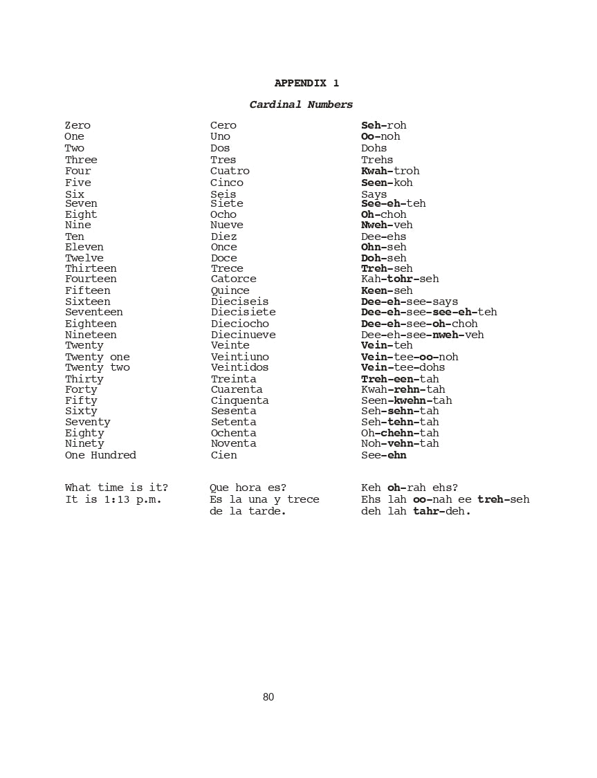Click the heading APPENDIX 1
pyautogui.click(x=306, y=83)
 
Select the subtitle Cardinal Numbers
pyautogui.click(x=301, y=105)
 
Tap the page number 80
pyautogui.click(x=268, y=697)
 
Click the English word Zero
pyautogui.click(x=77, y=125)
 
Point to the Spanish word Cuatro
pyautogui.click(x=230, y=171)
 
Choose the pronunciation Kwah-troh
pyautogui.click(x=390, y=171)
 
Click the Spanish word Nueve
pyautogui.click(x=227, y=225)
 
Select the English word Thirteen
pyautogui.click(x=91, y=268)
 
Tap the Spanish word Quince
pyautogui.click(x=230, y=290)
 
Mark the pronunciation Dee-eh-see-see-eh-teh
pyautogui.click(x=429, y=312)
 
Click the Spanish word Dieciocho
pyautogui.click(x=240, y=324)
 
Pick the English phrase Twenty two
pyautogui.click(x=98, y=367)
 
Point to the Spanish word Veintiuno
pyautogui.click(x=240, y=357)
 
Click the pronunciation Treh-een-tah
pyautogui.click(x=400, y=379)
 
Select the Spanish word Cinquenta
pyautogui.click(x=240, y=400)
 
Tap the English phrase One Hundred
pyautogui.click(x=100, y=455)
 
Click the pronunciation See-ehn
pyautogui.click(x=384, y=455)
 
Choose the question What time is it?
pyautogui.click(x=116, y=488)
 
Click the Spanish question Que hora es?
pyautogui.click(x=248, y=488)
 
